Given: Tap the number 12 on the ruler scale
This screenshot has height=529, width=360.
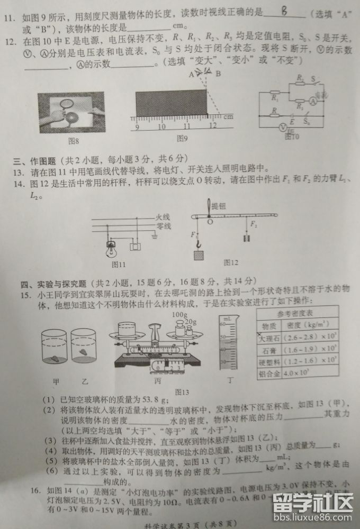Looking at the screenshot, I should [x=213, y=126].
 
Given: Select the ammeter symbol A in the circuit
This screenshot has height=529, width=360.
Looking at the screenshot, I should [x=312, y=102].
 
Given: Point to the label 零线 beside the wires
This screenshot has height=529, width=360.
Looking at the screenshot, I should [x=163, y=226].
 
